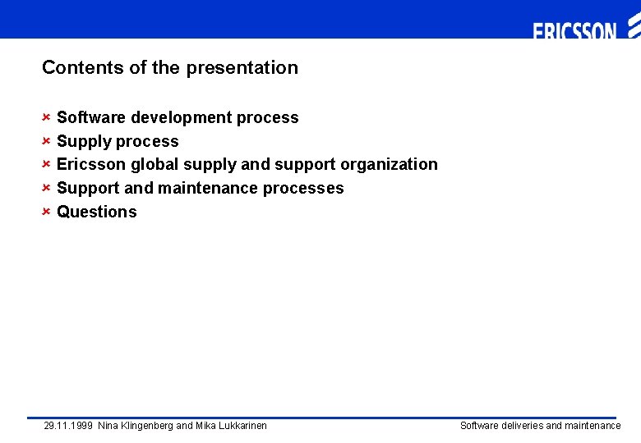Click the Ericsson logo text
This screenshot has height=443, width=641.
click(574, 32)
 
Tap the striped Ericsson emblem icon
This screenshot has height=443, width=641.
click(633, 30)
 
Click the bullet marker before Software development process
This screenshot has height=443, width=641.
click(47, 116)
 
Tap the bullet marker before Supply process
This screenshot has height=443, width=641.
click(47, 140)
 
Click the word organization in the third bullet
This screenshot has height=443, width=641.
click(389, 165)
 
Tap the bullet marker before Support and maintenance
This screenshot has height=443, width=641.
click(47, 187)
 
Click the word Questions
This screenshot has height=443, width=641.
click(97, 212)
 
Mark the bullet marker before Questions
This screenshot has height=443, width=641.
click(47, 211)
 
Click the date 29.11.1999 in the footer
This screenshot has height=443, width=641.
click(68, 426)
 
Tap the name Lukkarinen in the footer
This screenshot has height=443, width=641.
click(240, 426)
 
